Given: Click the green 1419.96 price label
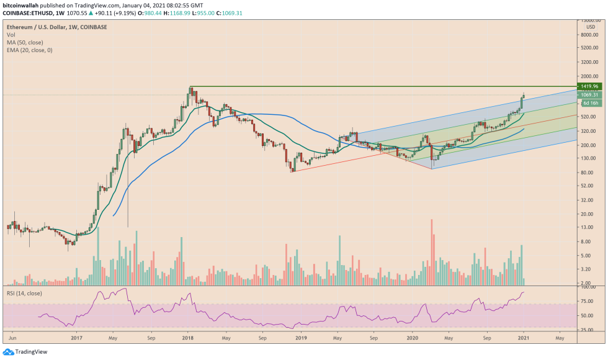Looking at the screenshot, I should [x=589, y=86].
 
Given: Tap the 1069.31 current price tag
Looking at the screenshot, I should [x=589, y=95].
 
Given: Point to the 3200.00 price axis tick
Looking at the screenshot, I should [x=589, y=62].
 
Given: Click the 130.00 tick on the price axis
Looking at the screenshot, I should [x=589, y=158].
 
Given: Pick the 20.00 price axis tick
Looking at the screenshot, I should [x=589, y=214].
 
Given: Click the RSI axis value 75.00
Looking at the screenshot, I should [x=589, y=301].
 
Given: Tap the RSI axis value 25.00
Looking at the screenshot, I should [x=589, y=329].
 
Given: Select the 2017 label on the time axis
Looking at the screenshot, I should [x=76, y=339].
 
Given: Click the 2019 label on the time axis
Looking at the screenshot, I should [x=301, y=339].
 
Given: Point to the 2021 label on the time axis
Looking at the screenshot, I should [x=524, y=339].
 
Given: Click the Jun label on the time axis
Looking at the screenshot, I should [x=12, y=339].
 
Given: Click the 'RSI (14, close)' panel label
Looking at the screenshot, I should [x=25, y=290].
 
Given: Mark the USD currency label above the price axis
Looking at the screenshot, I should [x=590, y=27].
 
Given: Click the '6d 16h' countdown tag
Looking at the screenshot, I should [x=590, y=103].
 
